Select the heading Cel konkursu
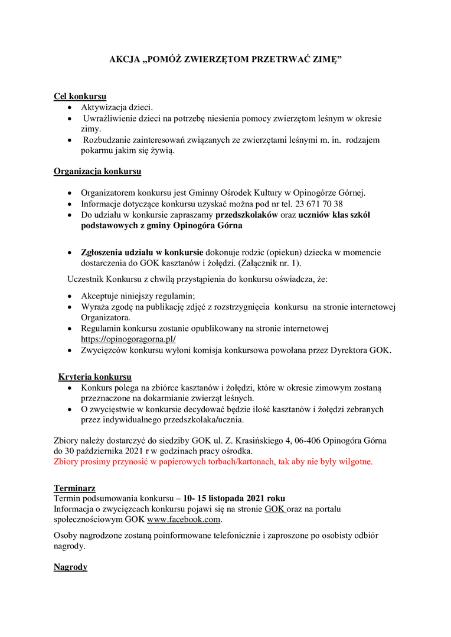(80, 96)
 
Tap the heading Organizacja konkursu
(97, 172)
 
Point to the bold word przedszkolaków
(247, 215)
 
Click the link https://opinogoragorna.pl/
(128, 339)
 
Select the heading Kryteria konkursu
(94, 377)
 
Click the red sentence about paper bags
(213, 461)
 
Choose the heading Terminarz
(74, 488)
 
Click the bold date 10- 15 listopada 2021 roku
(234, 498)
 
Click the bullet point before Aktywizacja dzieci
(70, 107)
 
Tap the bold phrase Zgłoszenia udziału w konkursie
(142, 252)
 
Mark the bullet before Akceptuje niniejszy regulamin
(70, 296)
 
